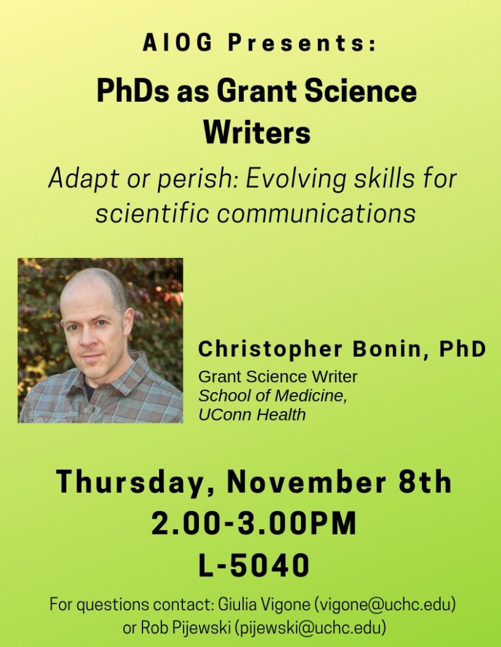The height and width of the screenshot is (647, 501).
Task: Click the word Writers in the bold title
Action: tap(257, 133)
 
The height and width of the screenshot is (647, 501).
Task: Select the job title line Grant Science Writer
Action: tap(277, 377)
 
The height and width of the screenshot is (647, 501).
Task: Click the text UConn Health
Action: tap(252, 415)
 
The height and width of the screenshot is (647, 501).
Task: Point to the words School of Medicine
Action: tap(272, 396)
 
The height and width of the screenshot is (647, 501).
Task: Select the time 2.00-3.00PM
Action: tap(253, 524)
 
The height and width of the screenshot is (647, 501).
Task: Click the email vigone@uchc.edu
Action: tap(385, 605)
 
